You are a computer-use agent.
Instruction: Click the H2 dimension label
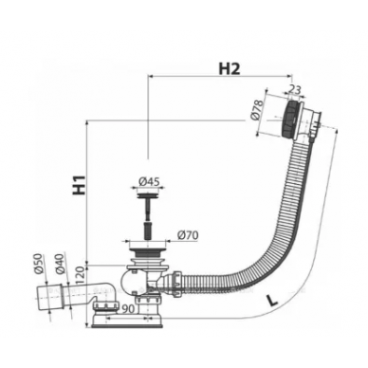[230, 68]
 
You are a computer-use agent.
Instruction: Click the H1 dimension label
[80, 185]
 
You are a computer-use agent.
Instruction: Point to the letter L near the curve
[270, 300]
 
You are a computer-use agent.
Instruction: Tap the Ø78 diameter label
[257, 109]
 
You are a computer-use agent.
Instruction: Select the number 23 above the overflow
[295, 89]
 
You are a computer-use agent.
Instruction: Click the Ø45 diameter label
[149, 181]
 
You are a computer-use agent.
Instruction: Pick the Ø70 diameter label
[188, 235]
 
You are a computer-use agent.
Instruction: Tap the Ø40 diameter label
[59, 264]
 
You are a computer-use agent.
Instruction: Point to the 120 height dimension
[80, 276]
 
